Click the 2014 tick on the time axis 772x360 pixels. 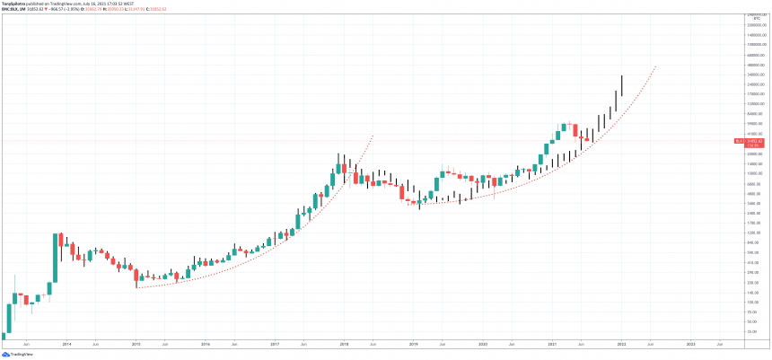(x=66, y=344)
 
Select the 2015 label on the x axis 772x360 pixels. (x=136, y=344)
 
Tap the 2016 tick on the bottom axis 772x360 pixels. (x=206, y=344)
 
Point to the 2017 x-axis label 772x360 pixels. (x=275, y=344)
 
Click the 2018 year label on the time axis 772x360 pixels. (x=344, y=344)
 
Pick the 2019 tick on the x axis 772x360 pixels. (x=414, y=344)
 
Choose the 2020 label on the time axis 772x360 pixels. (x=483, y=344)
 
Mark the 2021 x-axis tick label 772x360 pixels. (x=552, y=344)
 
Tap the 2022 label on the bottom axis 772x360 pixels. (x=621, y=344)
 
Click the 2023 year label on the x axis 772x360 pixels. (x=690, y=344)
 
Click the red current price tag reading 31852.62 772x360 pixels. (x=749, y=141)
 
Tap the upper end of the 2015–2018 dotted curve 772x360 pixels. (x=373, y=135)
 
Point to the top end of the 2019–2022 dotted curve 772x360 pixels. (x=657, y=66)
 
